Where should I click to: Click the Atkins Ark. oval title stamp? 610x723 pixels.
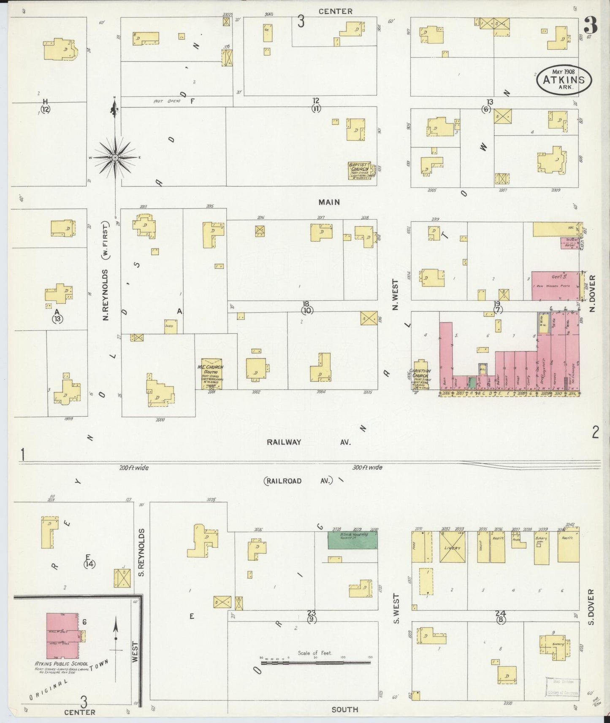[x=564, y=80]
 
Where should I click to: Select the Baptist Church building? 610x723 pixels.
[x=361, y=170]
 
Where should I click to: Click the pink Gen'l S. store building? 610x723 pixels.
[x=554, y=286]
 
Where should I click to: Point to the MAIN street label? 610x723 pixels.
[x=329, y=202]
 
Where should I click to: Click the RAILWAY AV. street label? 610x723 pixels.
[x=308, y=442]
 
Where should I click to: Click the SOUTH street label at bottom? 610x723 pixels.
[x=345, y=710]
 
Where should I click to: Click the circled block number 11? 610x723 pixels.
[x=316, y=108]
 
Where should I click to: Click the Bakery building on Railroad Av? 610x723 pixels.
[x=541, y=548]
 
